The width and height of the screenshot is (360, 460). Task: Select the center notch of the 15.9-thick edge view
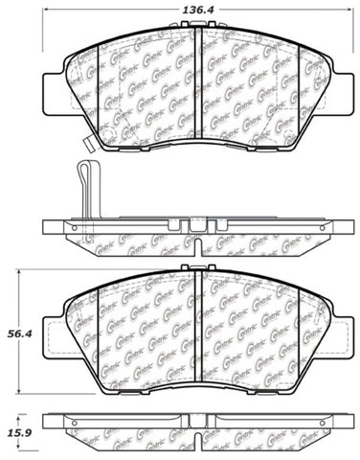195,423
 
